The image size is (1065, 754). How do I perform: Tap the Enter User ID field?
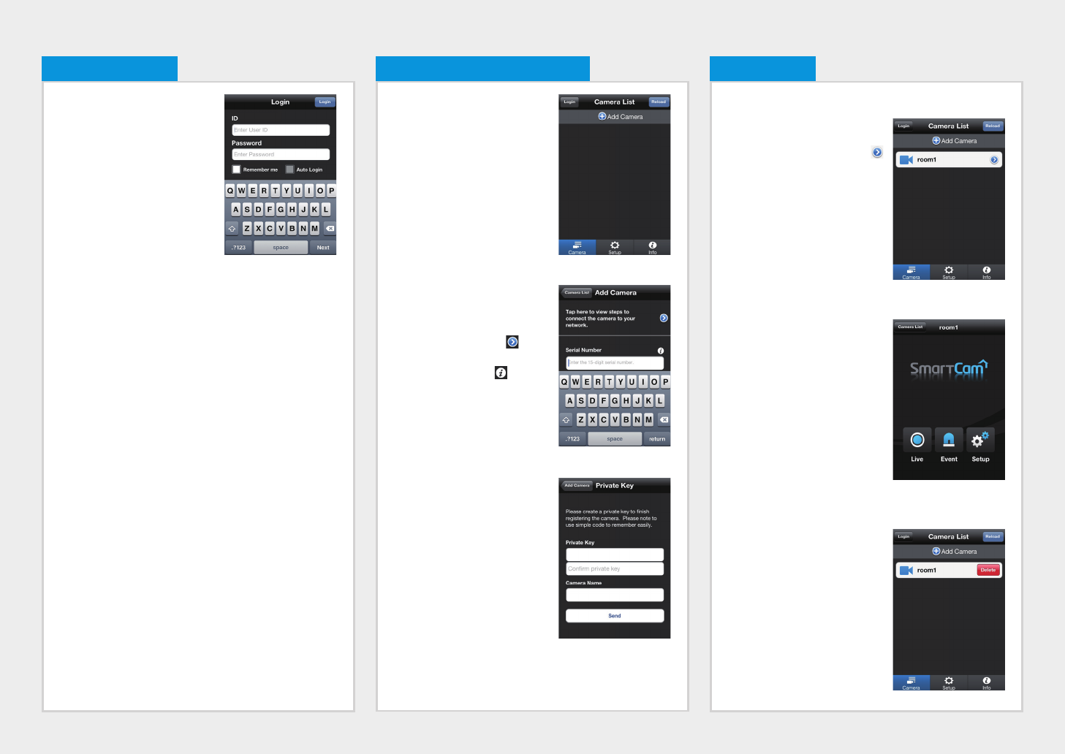pos(281,130)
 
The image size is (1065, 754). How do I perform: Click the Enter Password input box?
pos(281,154)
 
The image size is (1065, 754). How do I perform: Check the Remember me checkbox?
pos(236,170)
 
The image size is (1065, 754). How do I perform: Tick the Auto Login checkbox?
pos(289,170)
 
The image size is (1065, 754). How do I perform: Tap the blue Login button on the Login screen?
pos(325,102)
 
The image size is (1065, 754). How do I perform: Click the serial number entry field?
pos(615,362)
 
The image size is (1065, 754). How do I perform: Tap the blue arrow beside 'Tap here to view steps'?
pos(664,318)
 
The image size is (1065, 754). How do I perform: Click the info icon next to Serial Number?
pos(660,351)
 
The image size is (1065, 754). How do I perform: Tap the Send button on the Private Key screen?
pos(615,616)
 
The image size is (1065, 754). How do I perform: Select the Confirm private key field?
pos(615,568)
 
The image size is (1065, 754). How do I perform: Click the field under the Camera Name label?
pos(615,595)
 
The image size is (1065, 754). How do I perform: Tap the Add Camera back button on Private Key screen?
pos(577,485)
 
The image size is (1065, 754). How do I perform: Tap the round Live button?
pos(917,440)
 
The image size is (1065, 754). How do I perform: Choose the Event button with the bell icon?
pos(949,440)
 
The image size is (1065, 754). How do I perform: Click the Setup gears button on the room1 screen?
pos(980,440)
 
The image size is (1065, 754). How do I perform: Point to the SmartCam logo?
pos(948,368)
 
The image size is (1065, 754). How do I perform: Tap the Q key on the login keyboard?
pos(230,191)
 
